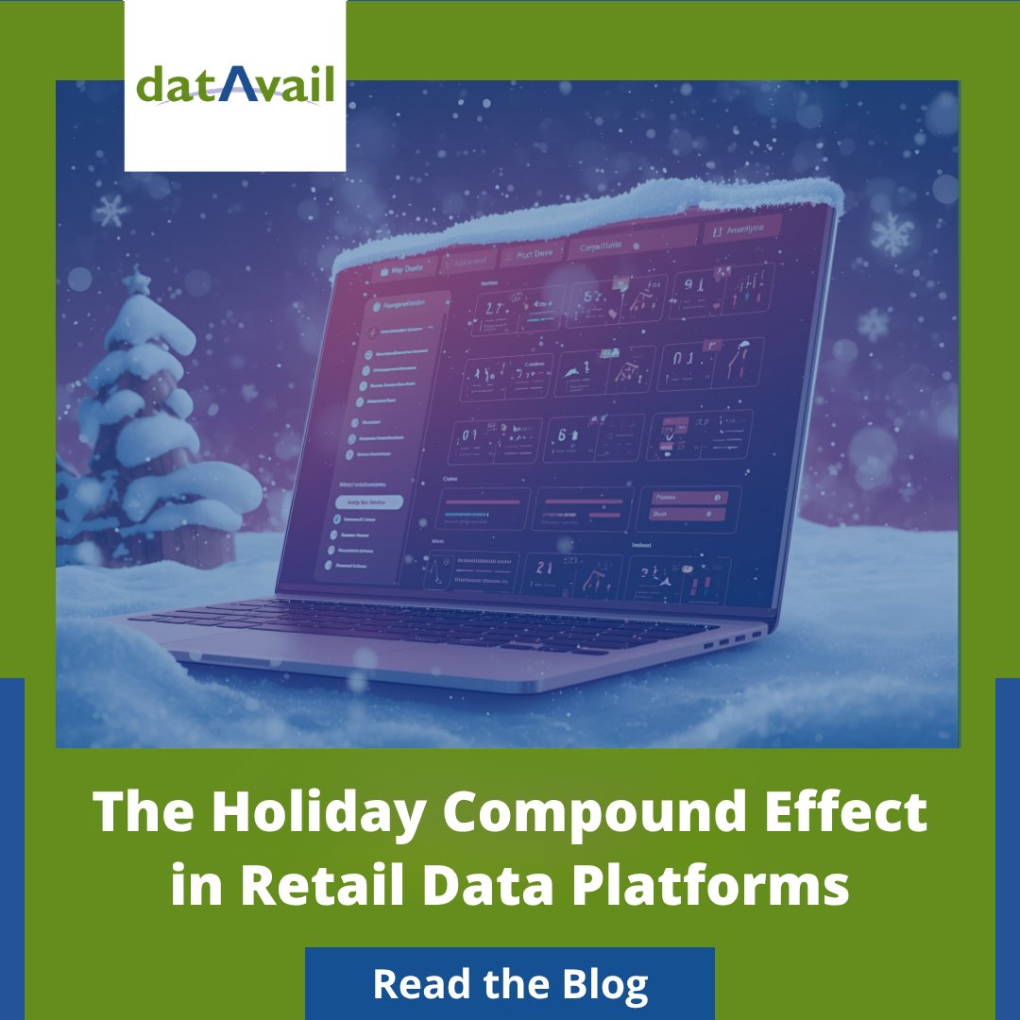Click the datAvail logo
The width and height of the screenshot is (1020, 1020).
(x=235, y=86)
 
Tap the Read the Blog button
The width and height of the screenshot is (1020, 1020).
(x=510, y=984)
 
